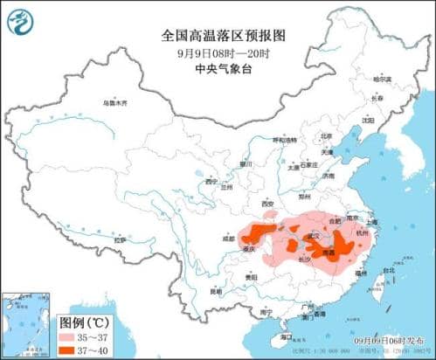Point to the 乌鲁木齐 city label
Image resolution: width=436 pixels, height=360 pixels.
(114, 103)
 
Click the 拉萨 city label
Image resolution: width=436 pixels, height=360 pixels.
(120, 238)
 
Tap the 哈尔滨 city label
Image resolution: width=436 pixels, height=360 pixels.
(383, 79)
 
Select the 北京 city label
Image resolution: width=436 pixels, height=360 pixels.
(326, 136)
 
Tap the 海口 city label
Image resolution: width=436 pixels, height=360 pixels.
(286, 336)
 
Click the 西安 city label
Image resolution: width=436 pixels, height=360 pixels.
(269, 203)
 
